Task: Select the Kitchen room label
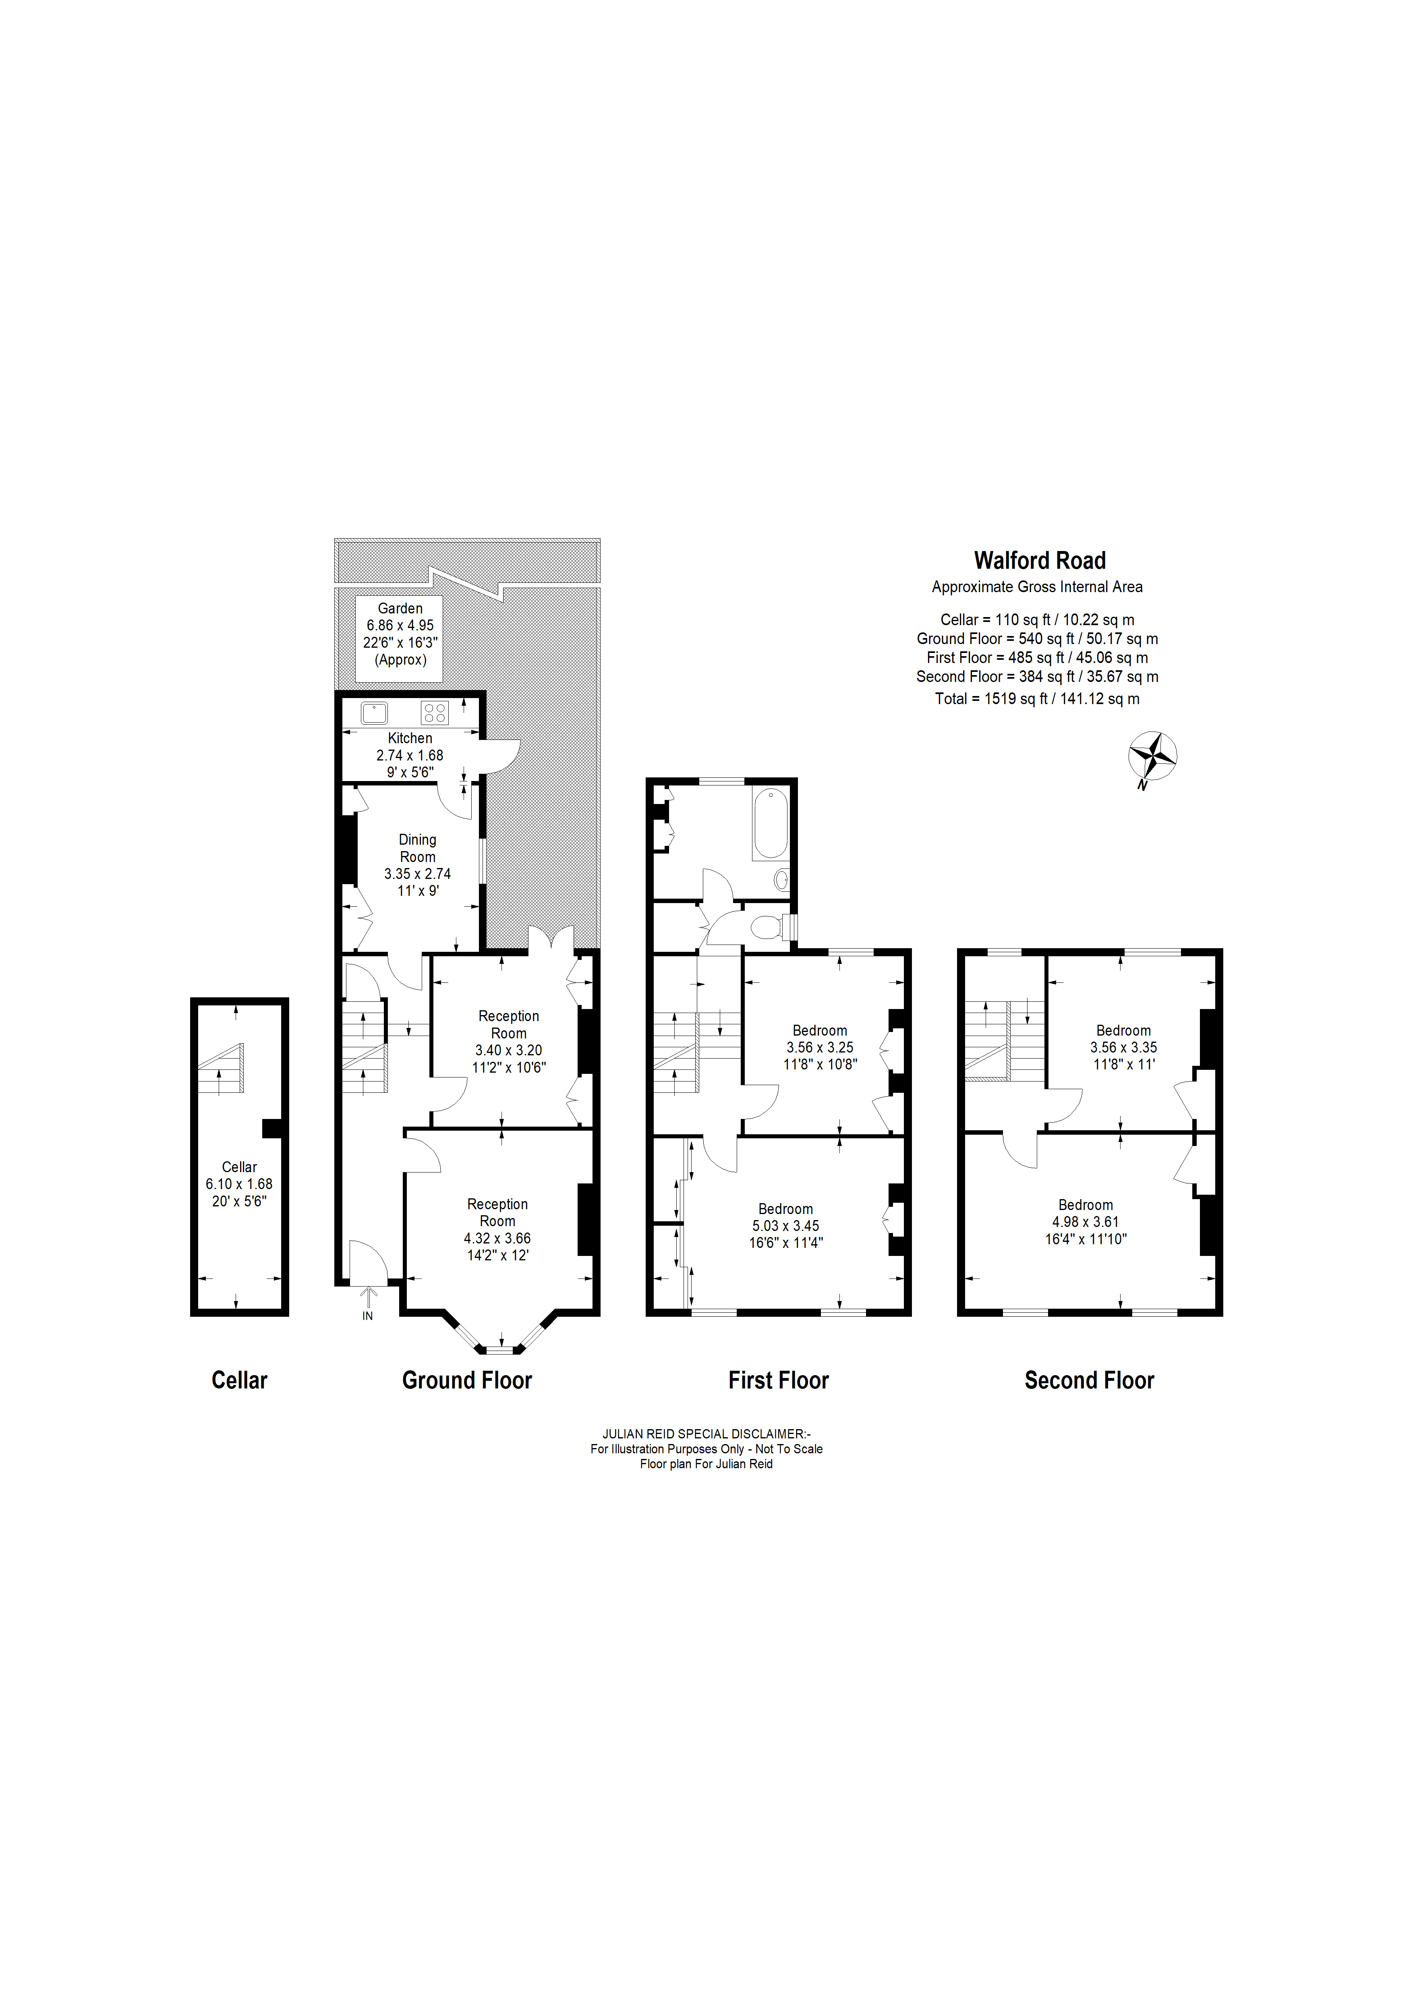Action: pyautogui.click(x=410, y=739)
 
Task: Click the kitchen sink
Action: pyautogui.click(x=375, y=712)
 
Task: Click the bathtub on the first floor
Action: pyautogui.click(x=770, y=823)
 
